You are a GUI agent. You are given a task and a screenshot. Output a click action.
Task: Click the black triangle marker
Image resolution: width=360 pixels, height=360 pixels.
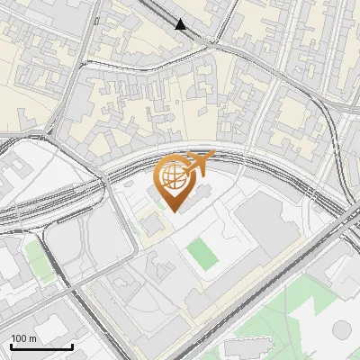(x=182, y=24)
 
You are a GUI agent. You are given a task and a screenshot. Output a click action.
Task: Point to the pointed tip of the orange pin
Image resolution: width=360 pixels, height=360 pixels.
(x=173, y=211)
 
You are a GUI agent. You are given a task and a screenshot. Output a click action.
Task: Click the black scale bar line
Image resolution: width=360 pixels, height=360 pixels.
(x=41, y=347)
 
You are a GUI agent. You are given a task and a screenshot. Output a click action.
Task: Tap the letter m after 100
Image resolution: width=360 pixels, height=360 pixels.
(x=33, y=338)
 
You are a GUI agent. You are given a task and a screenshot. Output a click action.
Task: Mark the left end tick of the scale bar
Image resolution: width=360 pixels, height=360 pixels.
(x=11, y=346)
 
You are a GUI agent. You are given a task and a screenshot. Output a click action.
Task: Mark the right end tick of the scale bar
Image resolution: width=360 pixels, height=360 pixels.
(x=72, y=346)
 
